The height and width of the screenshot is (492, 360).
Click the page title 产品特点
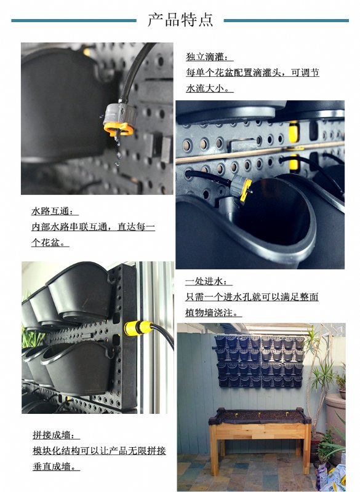pyautogui.click(x=180, y=20)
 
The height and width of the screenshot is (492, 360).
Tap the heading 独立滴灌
pyautogui.click(x=209, y=57)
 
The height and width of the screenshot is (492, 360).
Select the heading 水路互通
pyautogui.click(x=55, y=211)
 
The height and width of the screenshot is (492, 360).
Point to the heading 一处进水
pyautogui.click(x=209, y=281)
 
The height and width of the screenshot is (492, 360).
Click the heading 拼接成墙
pyautogui.click(x=56, y=435)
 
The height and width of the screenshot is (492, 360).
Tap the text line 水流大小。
pyautogui.click(x=209, y=88)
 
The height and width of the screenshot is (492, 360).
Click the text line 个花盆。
pyautogui.click(x=50, y=242)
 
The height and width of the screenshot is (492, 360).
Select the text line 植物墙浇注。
pyautogui.click(x=214, y=312)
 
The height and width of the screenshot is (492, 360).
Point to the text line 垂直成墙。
pyautogui.click(x=56, y=466)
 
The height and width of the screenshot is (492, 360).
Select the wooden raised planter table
pyautogui.click(x=260, y=438)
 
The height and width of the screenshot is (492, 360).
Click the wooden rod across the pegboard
pyautogui.click(x=260, y=153)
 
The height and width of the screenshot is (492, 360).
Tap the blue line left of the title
pyautogui.click(x=74, y=21)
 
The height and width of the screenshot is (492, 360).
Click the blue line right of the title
pyautogui.click(x=286, y=21)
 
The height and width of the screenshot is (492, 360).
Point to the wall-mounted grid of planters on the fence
pyautogui.click(x=260, y=362)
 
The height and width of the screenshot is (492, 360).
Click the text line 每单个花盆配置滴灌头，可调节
pyautogui.click(x=252, y=73)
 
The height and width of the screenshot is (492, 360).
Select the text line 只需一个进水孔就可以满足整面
pyautogui.click(x=252, y=297)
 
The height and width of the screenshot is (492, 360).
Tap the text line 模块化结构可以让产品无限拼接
pyautogui.click(x=99, y=451)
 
